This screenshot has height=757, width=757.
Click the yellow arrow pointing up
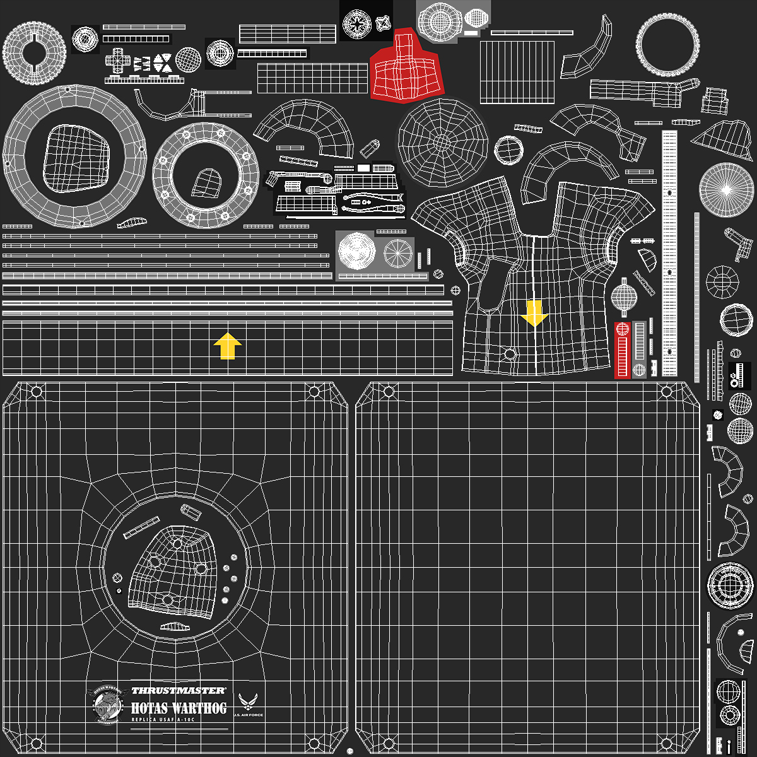(228, 346)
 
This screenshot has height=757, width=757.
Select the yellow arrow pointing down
(535, 313)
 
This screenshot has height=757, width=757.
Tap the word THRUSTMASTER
(179, 691)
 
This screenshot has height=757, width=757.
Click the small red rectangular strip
(623, 352)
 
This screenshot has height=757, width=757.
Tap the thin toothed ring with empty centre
(666, 45)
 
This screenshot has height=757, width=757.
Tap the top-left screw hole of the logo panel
(37, 392)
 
